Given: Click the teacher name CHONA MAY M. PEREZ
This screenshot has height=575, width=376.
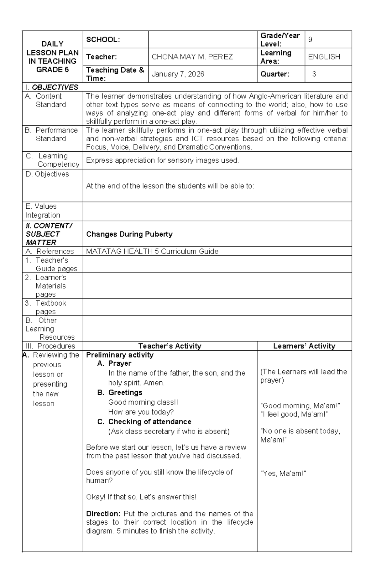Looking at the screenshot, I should pos(192,57).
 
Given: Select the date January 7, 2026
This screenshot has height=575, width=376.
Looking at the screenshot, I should pos(178,74).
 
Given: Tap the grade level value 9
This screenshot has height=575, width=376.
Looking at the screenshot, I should pos(310,39).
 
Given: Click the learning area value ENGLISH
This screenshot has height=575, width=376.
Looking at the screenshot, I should pos(324,57).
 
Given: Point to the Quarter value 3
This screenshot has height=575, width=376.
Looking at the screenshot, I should pos(314,74).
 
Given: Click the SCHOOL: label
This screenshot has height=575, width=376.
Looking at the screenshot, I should pos(103,39).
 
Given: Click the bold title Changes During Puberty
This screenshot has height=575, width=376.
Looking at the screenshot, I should pos(129,234).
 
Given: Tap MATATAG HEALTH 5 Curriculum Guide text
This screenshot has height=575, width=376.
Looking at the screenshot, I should pos(152,251).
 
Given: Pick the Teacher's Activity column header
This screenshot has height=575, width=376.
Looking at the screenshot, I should pos(170,346).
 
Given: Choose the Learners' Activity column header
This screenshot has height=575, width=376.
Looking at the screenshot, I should pos(304,346).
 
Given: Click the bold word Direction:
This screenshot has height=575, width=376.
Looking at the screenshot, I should pos(103,514).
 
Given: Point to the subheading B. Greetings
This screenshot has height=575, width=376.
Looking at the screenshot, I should pos(120,392).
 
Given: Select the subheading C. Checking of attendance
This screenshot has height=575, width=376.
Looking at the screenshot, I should pos(144,421).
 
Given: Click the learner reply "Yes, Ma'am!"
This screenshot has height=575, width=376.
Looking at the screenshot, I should pos(283,473).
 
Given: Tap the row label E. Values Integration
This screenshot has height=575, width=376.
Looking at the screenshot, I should pos(43,211).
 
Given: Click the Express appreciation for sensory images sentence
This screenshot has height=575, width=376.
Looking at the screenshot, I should pos(162,160).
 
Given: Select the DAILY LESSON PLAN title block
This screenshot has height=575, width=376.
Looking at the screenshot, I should pos(52,57).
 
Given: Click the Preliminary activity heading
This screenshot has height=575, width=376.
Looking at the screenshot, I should pos(120,355).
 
